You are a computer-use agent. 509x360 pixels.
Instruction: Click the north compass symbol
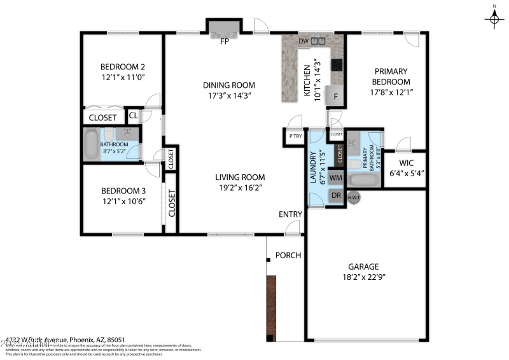pyautogui.click(x=494, y=19)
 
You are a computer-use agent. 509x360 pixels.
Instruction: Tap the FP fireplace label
pyautogui.click(x=224, y=42)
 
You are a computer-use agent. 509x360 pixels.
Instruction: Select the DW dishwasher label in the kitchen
pyautogui.click(x=303, y=41)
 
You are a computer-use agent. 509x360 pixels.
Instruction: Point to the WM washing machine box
pyautogui.click(x=336, y=177)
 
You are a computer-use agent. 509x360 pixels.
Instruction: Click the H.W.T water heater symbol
pyautogui.click(x=354, y=198)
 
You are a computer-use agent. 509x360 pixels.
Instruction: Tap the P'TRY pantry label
pyautogui.click(x=295, y=137)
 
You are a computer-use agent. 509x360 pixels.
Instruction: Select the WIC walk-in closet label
pyautogui.click(x=407, y=162)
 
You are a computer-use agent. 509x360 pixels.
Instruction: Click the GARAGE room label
pyautogui.click(x=363, y=267)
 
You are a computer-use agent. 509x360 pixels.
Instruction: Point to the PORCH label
pyautogui.click(x=288, y=256)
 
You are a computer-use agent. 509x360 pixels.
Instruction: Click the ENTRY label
pyautogui.click(x=290, y=214)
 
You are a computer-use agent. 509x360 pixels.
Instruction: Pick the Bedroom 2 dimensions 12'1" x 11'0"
pyautogui.click(x=123, y=78)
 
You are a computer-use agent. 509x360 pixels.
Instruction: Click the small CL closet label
pyautogui.click(x=133, y=116)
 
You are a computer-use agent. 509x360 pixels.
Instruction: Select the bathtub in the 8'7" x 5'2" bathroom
pyautogui.click(x=92, y=144)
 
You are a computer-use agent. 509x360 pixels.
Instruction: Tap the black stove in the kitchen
pyautogui.click(x=337, y=64)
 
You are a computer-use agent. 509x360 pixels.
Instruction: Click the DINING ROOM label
pyautogui.click(x=229, y=85)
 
